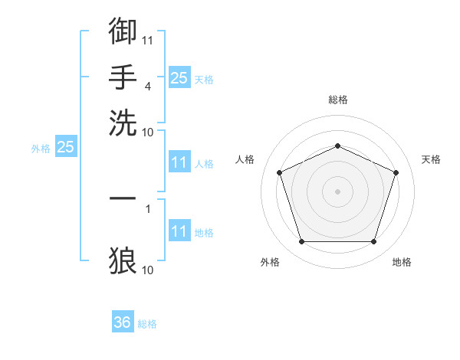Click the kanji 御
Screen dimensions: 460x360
123,31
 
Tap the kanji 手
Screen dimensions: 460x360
123,77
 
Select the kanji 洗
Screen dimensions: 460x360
123,123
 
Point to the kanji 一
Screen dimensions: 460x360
123,198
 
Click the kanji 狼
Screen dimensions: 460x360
123,260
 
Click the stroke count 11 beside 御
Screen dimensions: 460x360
147,41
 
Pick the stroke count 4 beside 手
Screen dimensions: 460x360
148,87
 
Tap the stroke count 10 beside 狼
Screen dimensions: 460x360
147,270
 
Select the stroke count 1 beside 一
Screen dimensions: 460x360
148,209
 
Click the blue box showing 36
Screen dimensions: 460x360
123,321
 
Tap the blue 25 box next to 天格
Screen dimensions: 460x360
179,77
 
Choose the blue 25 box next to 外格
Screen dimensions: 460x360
66,146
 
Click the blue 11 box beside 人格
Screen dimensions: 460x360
179,162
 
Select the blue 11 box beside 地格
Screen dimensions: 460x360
179,230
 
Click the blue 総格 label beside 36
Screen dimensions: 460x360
147,324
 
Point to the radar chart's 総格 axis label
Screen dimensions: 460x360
338,100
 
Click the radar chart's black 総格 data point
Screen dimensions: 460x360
337,146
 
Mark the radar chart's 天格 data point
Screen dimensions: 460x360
396,172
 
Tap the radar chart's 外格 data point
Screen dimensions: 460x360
302,242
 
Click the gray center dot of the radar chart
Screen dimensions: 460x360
337,191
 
